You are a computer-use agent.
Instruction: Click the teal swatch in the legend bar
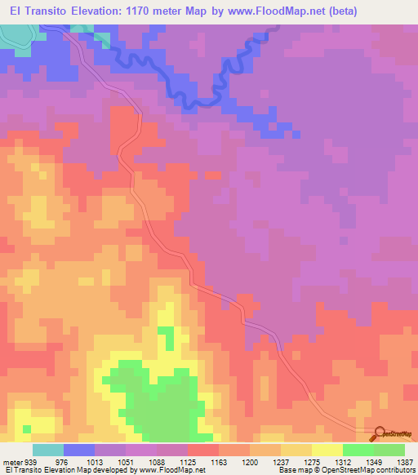tap(48, 450)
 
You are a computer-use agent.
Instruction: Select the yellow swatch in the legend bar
tap(327, 450)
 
